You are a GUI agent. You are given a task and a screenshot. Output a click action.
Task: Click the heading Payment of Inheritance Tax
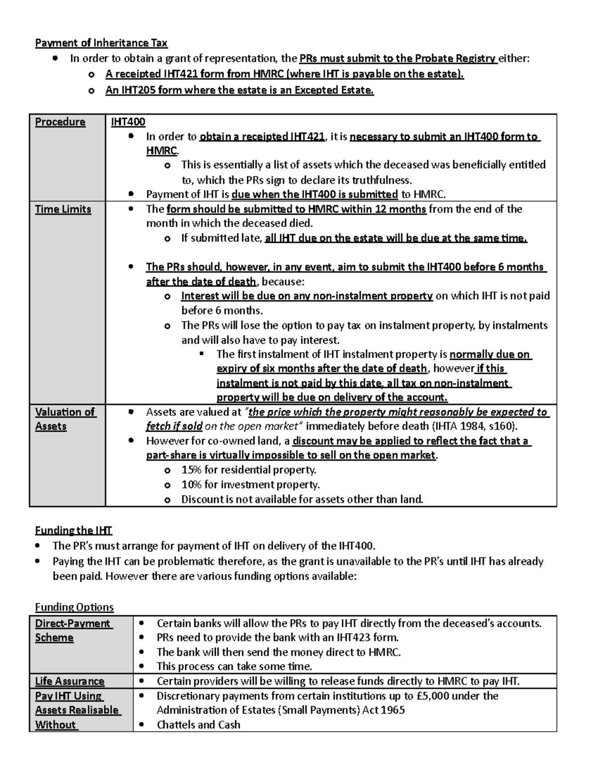[x=101, y=43]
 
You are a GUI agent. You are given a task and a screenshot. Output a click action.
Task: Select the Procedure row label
[x=60, y=122]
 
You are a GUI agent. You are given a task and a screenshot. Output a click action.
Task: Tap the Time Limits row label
[x=63, y=209]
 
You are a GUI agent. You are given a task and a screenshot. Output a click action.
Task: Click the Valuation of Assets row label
[x=64, y=419]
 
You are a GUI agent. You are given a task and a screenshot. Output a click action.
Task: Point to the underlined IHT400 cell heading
[x=128, y=122]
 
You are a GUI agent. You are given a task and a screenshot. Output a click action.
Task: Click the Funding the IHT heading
[x=73, y=530]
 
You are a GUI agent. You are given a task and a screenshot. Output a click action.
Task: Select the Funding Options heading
[x=74, y=607]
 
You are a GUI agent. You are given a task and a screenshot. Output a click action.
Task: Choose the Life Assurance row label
[x=70, y=681]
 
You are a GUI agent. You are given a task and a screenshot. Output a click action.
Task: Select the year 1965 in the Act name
[x=393, y=710]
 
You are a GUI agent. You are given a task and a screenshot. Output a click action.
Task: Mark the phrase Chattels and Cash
[x=198, y=725]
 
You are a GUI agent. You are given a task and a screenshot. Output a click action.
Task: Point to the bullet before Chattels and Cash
[x=142, y=725]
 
